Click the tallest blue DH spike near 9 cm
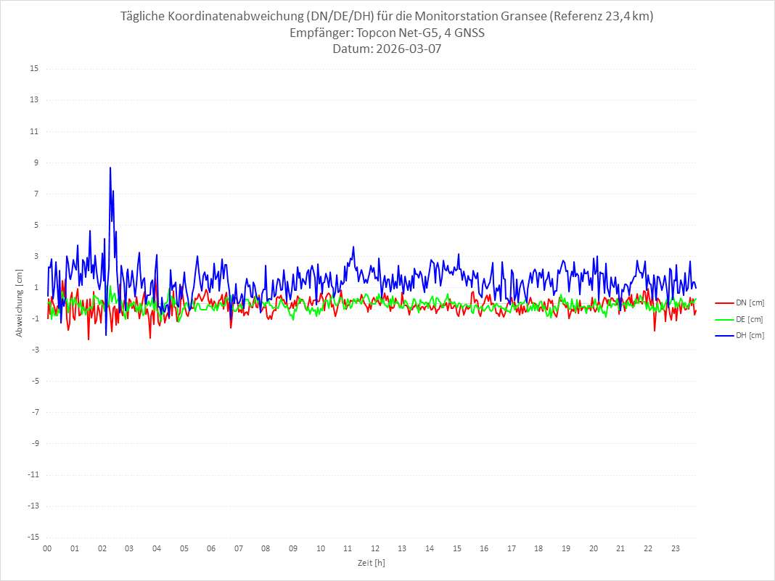pos(110,168)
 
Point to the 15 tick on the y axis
pos(34,69)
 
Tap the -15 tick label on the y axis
pos(33,537)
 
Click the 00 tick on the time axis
pos(47,548)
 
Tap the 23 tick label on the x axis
pos(676,548)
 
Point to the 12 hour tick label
pos(375,548)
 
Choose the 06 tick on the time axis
pos(211,548)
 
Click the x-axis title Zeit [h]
pos(371,562)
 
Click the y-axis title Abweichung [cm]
pos(20,302)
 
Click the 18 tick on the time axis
pos(539,548)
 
